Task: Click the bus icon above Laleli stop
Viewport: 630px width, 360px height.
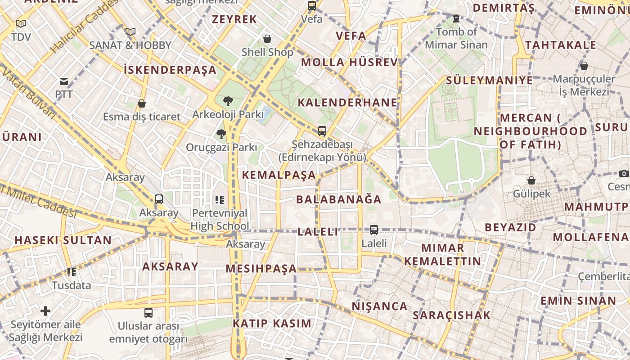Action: [x=374, y=229]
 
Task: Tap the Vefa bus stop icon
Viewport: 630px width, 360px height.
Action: [x=312, y=6]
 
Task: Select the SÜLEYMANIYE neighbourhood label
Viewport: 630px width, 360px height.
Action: [x=489, y=81]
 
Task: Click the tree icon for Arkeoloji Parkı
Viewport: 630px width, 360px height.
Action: [x=228, y=101]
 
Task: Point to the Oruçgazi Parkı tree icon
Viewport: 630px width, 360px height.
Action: [x=221, y=134]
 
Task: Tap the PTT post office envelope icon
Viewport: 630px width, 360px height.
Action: [x=63, y=81]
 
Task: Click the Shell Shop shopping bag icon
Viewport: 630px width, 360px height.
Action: [x=267, y=39]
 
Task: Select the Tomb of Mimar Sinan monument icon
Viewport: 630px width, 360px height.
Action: [x=456, y=18]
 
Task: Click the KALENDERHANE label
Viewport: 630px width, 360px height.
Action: [x=347, y=103]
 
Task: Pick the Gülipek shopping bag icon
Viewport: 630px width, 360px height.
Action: [x=531, y=180]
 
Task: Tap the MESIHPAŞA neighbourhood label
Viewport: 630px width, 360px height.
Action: [x=261, y=269]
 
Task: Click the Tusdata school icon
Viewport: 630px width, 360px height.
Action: [x=71, y=272]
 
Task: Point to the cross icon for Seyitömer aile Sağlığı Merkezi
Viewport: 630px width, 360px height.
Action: [x=45, y=310]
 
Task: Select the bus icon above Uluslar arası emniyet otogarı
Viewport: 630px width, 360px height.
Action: [x=148, y=312]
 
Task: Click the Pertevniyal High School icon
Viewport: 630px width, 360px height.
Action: [x=220, y=199]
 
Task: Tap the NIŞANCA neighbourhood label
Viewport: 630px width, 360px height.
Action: [x=379, y=306]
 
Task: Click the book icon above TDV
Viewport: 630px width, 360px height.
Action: [x=21, y=23]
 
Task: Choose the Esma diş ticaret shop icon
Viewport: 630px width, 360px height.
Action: [x=142, y=103]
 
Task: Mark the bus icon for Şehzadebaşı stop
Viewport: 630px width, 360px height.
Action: [x=322, y=131]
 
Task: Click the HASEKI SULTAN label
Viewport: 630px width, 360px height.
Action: [x=63, y=240]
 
